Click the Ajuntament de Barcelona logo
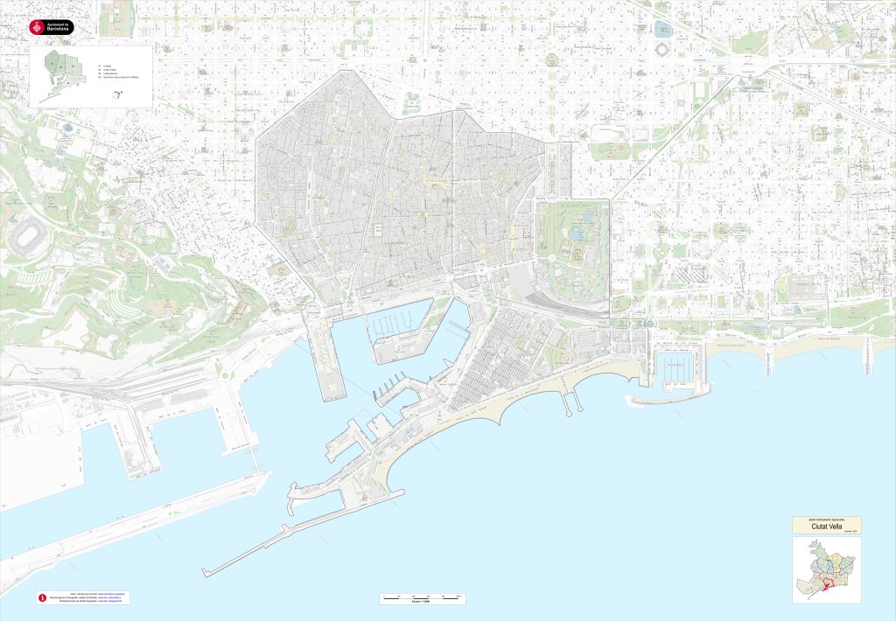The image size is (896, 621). pos(52,27)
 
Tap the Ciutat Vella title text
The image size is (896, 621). pos(826,527)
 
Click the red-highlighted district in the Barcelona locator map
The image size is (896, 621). pos(829,588)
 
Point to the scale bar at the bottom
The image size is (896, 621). pos(423,597)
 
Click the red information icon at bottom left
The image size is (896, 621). pos(40,597)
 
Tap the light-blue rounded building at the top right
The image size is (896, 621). pos(662,29)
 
